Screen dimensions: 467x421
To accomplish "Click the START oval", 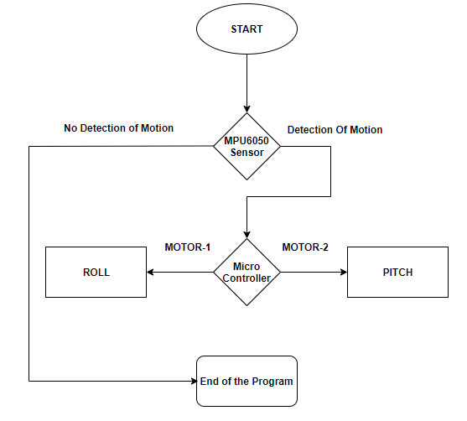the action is click(246, 29).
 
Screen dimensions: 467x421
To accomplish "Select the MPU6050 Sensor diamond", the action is click(246, 146).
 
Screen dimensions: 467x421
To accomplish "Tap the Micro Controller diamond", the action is click(246, 272).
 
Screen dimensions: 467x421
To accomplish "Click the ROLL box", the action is click(96, 272).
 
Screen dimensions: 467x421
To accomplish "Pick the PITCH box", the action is click(397, 272).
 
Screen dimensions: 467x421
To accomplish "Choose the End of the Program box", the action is click(246, 381).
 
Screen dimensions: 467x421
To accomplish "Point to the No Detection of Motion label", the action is click(118, 128).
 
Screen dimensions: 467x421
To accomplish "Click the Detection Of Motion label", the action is click(335, 130).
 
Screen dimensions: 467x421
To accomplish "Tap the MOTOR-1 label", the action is click(188, 247).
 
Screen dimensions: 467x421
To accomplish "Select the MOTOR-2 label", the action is click(305, 247).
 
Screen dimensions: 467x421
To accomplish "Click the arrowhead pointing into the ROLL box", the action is click(150, 272).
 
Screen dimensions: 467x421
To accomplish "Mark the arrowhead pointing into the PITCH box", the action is click(344, 272).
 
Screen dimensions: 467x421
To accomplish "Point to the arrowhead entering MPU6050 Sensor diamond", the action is click(246, 109).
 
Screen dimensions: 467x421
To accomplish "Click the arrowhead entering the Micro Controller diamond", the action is click(246, 235).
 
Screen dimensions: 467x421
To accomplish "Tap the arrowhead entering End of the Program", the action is click(194, 381).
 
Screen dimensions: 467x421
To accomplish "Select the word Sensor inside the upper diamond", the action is click(246, 153).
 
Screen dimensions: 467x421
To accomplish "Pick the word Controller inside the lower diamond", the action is click(246, 278).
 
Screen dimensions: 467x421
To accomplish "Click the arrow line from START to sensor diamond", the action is click(246, 83).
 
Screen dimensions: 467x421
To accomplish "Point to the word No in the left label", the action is click(70, 128).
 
